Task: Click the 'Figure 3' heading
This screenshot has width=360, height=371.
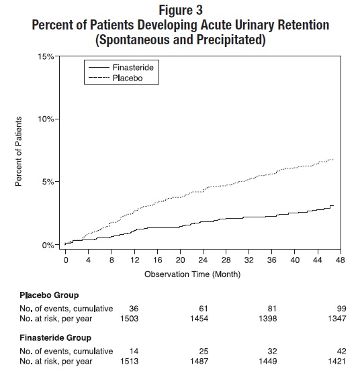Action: (181, 10)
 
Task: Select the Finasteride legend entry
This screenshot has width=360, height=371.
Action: (121, 68)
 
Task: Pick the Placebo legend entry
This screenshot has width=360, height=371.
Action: (116, 78)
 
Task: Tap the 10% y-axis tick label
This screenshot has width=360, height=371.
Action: (46, 119)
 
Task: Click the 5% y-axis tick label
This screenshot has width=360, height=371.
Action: (48, 182)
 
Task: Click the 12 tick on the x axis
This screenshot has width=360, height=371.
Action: (134, 260)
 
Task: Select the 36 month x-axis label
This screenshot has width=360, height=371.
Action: (271, 260)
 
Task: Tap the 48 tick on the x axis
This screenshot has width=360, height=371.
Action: (340, 260)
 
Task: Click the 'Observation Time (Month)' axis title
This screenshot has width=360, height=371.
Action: (192, 274)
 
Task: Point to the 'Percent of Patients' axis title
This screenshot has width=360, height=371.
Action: (18, 152)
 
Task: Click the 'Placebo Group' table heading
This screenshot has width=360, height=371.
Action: (49, 295)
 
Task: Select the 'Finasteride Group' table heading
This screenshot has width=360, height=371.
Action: (56, 337)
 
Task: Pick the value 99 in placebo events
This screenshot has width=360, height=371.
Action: (341, 309)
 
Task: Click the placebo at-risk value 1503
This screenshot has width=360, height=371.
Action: (130, 319)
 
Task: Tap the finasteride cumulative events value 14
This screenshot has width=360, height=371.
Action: (134, 351)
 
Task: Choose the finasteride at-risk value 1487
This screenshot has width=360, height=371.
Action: (199, 362)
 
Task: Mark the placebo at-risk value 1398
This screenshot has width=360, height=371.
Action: (267, 319)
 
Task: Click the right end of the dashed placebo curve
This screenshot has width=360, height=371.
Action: (334, 160)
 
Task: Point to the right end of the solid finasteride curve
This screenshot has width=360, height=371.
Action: (334, 205)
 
